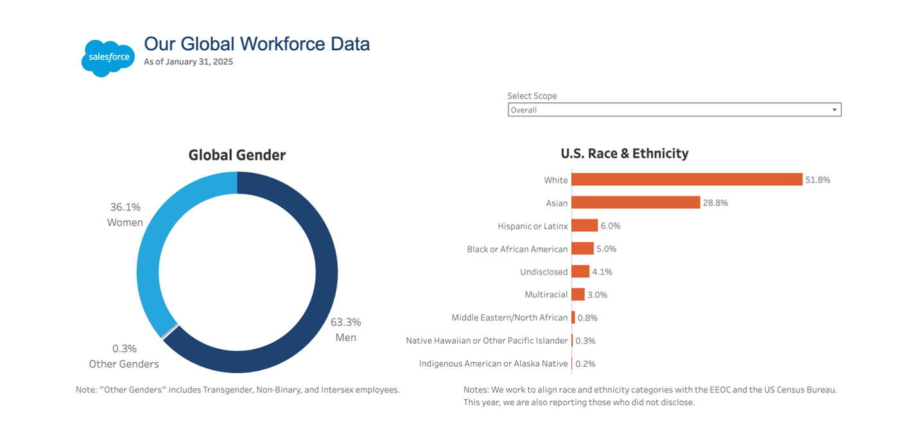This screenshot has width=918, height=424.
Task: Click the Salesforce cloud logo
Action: [x=108, y=58]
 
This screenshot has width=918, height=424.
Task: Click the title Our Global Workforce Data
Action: [x=257, y=44]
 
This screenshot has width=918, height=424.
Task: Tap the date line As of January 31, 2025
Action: [x=188, y=62]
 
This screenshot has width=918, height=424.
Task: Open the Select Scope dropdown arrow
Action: [x=835, y=110]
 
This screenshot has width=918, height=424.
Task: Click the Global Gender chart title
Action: [x=237, y=155]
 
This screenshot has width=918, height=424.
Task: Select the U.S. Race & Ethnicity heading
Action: [x=624, y=154]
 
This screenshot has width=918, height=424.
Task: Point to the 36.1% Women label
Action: [x=125, y=215]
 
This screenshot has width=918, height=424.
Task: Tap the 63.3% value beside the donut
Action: [x=345, y=322]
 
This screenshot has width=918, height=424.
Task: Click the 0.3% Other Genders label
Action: [x=124, y=356]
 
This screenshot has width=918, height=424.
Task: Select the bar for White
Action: [x=687, y=180]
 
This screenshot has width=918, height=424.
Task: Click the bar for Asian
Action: [x=636, y=203]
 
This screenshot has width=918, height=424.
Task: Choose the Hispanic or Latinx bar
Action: [x=584, y=226]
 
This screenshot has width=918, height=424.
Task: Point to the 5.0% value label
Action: [x=606, y=249]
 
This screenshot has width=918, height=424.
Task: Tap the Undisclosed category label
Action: [x=544, y=272]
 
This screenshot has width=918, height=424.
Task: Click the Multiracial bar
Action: [x=578, y=295]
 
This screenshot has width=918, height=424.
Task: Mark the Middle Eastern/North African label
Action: [x=509, y=317]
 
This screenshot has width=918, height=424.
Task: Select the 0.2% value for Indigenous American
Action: [x=585, y=364]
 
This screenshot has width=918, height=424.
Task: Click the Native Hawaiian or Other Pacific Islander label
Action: [x=487, y=340]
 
